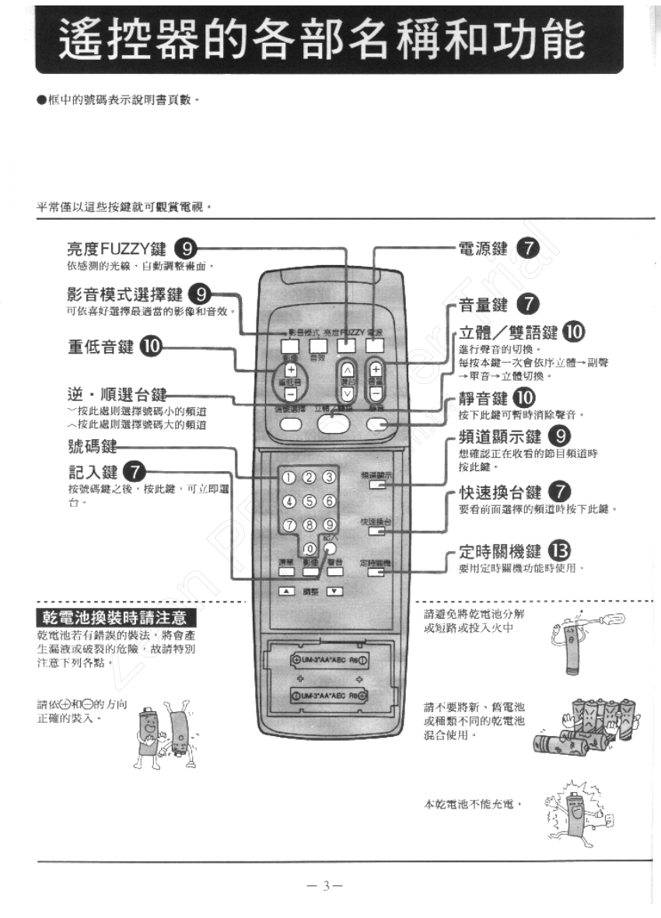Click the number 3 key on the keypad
[x=329, y=477]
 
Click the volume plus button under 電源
[x=376, y=370]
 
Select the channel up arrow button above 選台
[x=347, y=370]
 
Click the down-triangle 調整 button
[x=334, y=592]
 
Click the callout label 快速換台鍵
[x=500, y=493]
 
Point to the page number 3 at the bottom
[x=327, y=886]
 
